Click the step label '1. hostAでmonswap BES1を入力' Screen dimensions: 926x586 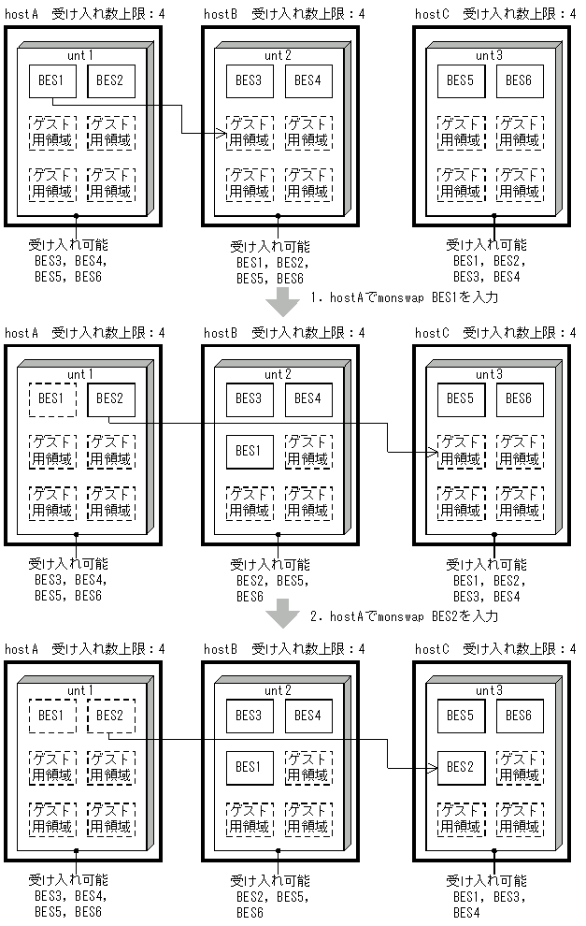[405, 298]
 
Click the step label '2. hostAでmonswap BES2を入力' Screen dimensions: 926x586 [405, 615]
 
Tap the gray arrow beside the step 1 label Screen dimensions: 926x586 [282, 301]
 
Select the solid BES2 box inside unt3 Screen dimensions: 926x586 [461, 766]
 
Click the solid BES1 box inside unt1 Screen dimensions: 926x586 [52, 80]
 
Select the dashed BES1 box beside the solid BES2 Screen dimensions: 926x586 [52, 398]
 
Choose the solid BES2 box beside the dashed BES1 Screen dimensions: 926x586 [111, 398]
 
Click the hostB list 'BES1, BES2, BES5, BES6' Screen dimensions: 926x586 [270, 270]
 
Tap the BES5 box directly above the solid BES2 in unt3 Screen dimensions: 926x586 [461, 716]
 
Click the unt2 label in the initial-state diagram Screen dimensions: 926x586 [278, 55]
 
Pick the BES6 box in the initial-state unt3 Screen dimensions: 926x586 [520, 80]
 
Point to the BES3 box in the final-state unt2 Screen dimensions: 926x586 [250, 716]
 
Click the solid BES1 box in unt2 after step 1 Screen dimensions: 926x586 [250, 451]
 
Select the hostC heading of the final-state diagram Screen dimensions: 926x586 [433, 649]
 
